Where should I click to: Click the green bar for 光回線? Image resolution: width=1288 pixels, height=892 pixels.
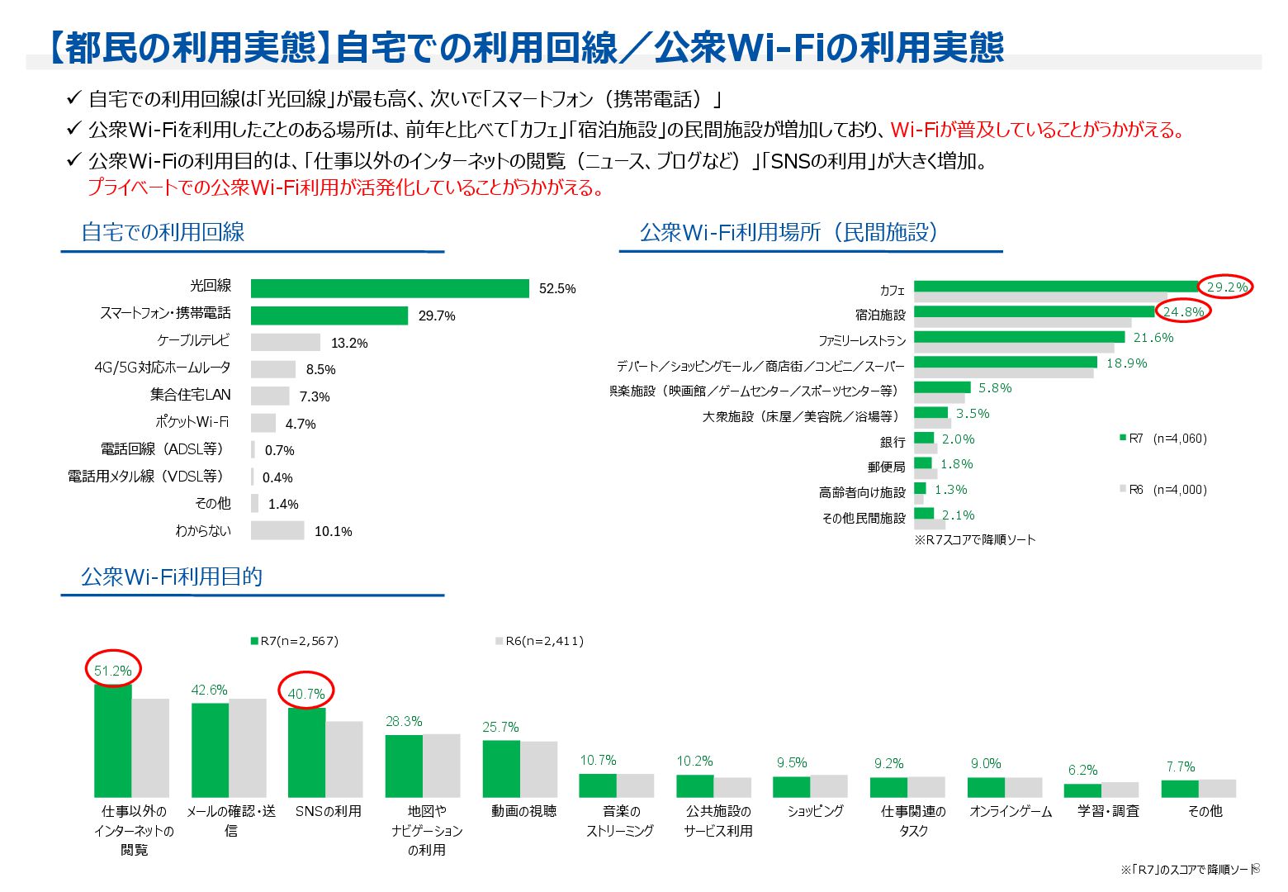tap(390, 288)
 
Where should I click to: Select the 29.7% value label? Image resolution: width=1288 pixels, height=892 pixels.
tap(436, 316)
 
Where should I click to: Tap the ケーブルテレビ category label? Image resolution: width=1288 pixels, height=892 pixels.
tap(193, 340)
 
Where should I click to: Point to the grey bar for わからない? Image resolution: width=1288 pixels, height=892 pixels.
tap(277, 530)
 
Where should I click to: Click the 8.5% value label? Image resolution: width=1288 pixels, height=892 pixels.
tap(320, 369)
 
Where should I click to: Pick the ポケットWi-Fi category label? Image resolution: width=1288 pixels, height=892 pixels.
tap(192, 422)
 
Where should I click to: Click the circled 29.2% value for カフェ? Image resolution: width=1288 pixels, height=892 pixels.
tap(1227, 287)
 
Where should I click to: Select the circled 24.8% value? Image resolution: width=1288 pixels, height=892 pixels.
tap(1183, 312)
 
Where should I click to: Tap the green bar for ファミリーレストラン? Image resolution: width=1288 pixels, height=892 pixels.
tap(1019, 337)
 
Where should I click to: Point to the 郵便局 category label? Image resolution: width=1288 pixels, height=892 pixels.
tap(886, 467)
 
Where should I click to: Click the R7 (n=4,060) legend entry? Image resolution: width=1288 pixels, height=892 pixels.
tap(1163, 439)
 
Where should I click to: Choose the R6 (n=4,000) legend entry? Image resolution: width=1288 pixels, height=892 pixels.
tap(1163, 490)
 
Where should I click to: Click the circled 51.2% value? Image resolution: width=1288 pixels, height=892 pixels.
tap(113, 671)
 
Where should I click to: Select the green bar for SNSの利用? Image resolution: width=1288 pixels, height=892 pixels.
tap(306, 752)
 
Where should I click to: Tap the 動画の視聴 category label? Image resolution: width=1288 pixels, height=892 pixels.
tap(523, 811)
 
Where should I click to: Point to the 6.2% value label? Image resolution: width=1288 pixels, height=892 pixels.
tap(1082, 770)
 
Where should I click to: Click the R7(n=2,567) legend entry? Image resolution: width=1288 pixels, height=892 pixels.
tap(294, 641)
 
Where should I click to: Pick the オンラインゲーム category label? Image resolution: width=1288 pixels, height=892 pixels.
tap(1011, 811)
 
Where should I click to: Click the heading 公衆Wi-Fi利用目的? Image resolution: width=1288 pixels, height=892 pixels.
tap(172, 576)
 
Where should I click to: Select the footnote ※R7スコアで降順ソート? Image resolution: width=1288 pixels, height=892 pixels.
tap(974, 539)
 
